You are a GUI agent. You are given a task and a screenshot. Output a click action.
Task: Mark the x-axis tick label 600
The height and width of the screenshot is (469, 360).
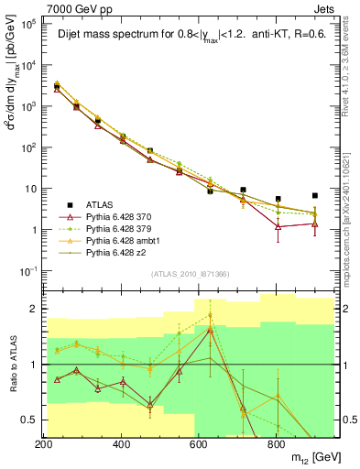click(x=199, y=444)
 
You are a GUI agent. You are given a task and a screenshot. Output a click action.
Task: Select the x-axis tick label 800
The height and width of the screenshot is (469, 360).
click(x=276, y=444)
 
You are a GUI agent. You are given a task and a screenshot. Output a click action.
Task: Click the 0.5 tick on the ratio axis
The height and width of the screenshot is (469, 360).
click(x=29, y=420)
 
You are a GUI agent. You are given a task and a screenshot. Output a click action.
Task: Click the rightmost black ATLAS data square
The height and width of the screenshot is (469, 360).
click(x=315, y=195)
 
